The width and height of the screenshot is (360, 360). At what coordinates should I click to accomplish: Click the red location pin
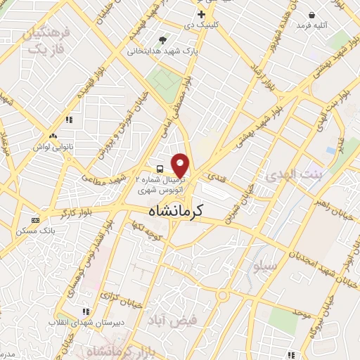[181, 165]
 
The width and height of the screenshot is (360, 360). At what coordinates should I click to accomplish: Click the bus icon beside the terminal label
[160, 169]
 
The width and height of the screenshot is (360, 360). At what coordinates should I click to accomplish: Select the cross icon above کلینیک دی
[201, 14]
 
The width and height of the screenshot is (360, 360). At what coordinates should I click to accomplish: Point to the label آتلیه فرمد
[311, 25]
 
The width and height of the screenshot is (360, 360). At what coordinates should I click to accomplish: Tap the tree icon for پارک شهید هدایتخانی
[163, 40]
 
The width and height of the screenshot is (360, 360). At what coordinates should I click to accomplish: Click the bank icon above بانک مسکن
[35, 220]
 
